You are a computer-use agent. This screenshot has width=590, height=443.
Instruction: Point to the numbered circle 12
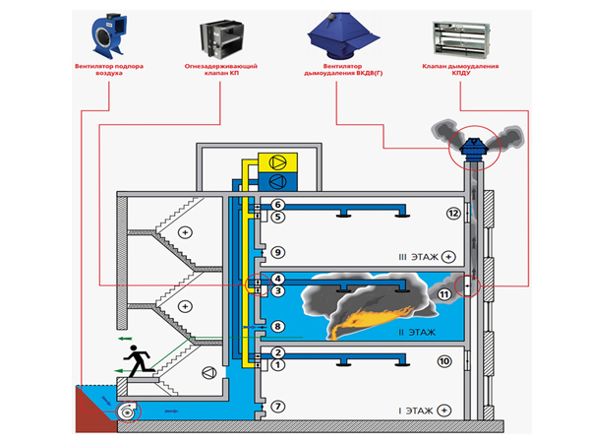[453, 214]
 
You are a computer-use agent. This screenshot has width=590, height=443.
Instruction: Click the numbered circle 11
[444, 293]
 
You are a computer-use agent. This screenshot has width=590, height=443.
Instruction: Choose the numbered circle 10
[443, 362]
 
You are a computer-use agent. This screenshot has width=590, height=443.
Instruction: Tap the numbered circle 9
[278, 252]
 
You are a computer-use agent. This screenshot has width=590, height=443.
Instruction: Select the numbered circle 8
[278, 326]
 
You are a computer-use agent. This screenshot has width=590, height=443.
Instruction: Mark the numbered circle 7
[278, 406]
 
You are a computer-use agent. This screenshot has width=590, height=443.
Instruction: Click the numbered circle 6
[278, 204]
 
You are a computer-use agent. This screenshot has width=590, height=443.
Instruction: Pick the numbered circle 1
[278, 365]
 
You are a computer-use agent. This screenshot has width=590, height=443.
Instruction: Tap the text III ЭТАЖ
[416, 256]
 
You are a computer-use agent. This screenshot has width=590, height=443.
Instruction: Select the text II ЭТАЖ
[416, 333]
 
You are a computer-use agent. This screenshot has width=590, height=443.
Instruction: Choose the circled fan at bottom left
[126, 411]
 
